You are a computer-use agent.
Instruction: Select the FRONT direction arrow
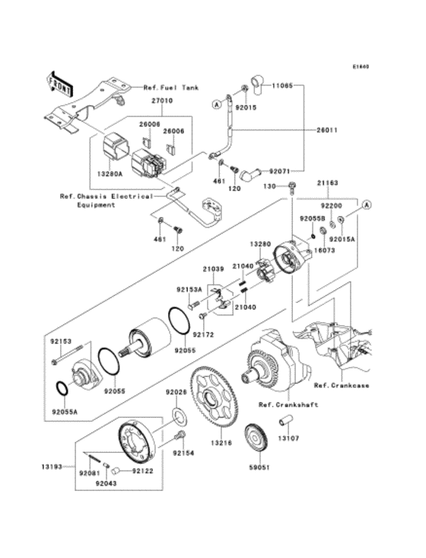pyautogui.click(x=59, y=79)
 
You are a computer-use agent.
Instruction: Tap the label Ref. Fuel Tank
pyautogui.click(x=171, y=88)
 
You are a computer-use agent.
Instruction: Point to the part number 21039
pyautogui.click(x=213, y=268)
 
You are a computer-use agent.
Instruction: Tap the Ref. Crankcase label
pyautogui.click(x=341, y=385)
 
